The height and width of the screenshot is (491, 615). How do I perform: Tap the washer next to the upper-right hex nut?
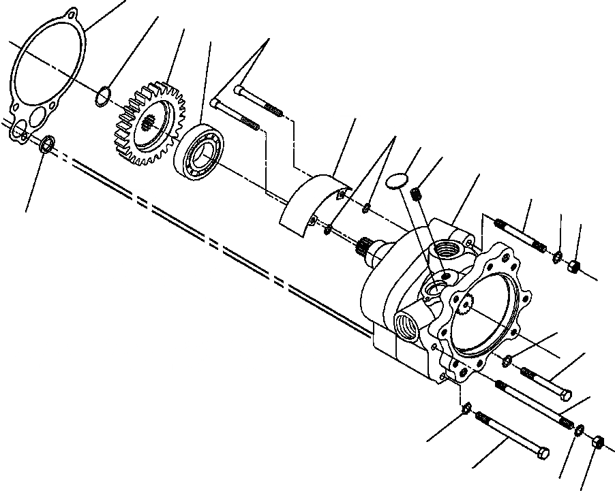[557, 256]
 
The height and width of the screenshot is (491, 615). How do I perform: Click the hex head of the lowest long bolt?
[541, 452]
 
